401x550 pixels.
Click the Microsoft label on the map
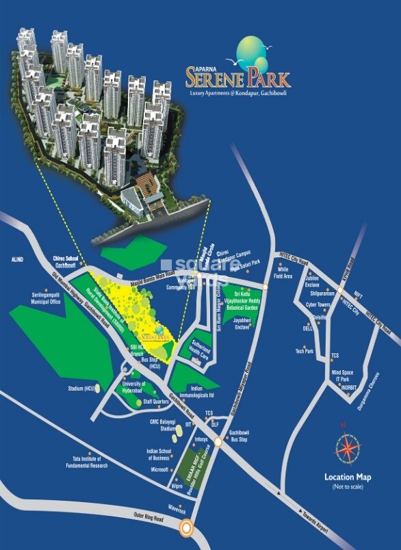click(160, 470)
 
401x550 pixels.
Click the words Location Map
click(348, 477)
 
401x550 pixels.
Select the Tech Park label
click(304, 351)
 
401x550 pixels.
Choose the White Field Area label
click(283, 273)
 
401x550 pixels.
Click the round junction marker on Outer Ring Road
click(185, 527)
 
